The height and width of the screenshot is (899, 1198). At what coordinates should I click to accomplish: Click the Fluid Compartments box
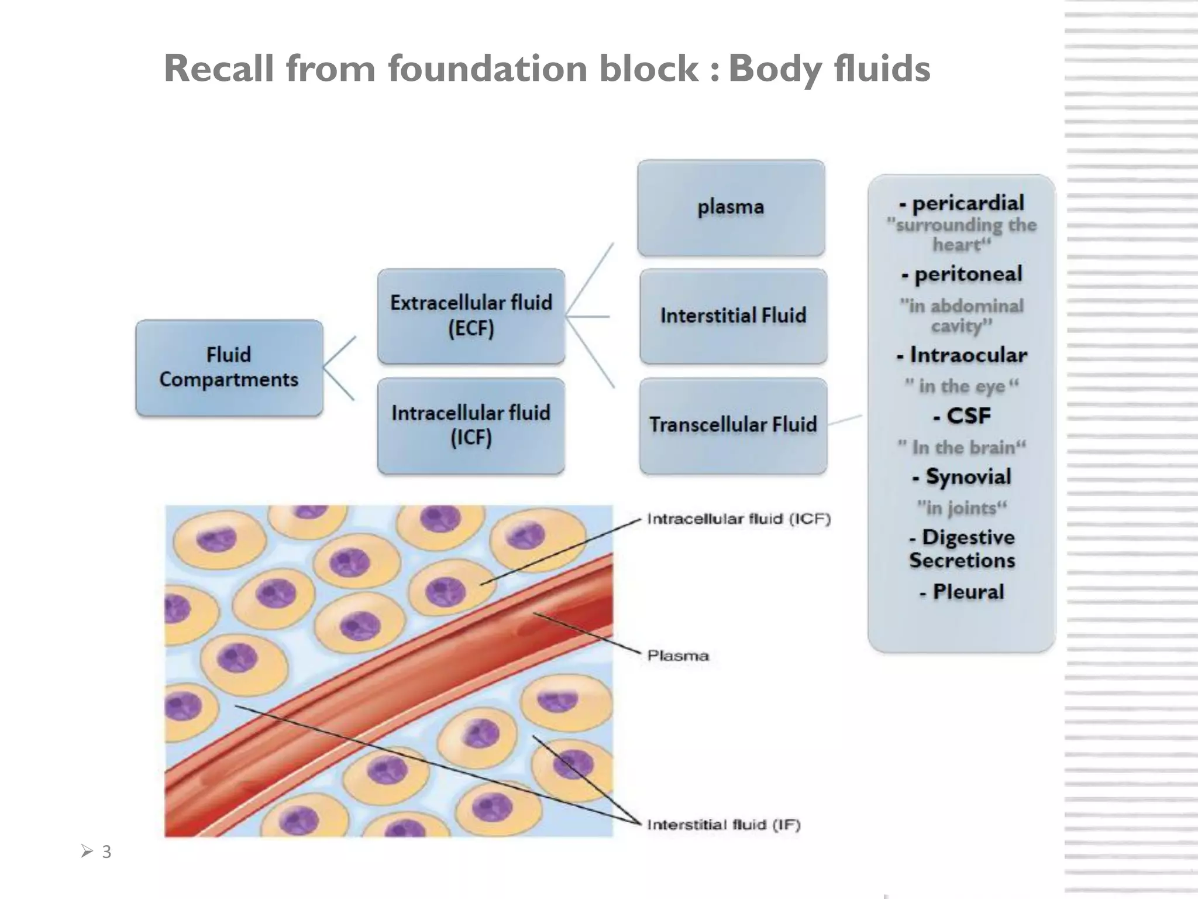pyautogui.click(x=229, y=368)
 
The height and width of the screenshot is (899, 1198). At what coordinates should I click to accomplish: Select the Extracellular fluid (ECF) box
pyautogui.click(x=471, y=316)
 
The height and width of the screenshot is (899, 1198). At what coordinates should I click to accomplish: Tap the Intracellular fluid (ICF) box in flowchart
pyautogui.click(x=471, y=426)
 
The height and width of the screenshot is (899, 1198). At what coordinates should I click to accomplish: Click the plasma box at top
pyautogui.click(x=731, y=208)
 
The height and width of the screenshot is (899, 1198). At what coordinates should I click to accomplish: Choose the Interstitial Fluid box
pyautogui.click(x=733, y=316)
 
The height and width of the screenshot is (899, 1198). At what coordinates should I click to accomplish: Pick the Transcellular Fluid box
pyautogui.click(x=733, y=426)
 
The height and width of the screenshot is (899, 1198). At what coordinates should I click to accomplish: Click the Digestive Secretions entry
pyautogui.click(x=962, y=549)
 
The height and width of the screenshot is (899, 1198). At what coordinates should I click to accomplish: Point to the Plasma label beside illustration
pyautogui.click(x=678, y=656)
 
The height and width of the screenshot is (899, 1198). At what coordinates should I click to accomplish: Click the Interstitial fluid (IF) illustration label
pyautogui.click(x=723, y=825)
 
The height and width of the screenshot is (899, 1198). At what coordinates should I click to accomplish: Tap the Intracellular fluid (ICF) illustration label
pyautogui.click(x=738, y=519)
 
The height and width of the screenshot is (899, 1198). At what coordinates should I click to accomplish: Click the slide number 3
pyautogui.click(x=106, y=852)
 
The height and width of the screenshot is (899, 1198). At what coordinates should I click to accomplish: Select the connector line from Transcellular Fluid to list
pyautogui.click(x=845, y=420)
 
